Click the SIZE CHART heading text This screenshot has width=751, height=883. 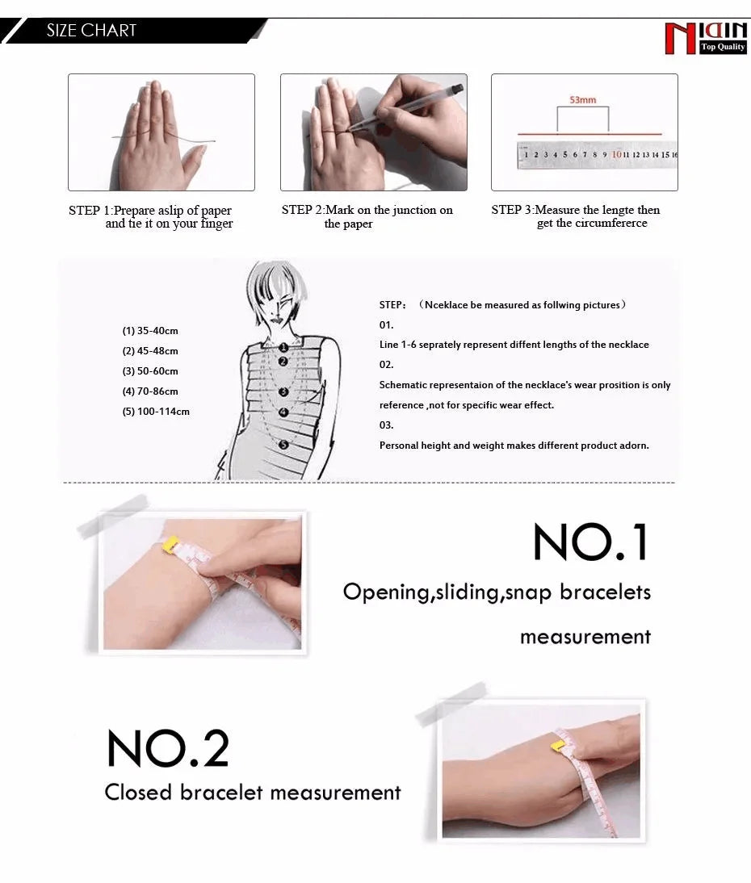coord(91,31)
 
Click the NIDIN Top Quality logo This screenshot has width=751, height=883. coord(705,38)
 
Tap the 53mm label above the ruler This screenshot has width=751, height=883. coord(582,100)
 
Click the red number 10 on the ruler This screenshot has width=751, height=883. coord(616,154)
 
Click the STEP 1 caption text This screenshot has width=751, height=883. coord(151,216)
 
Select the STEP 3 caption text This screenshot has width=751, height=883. coord(576,216)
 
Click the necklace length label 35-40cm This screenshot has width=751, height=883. coord(150,331)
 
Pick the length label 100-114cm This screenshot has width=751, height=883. coord(156,412)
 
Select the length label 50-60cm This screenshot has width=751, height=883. coord(150,371)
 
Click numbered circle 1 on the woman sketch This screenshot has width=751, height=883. coord(283,347)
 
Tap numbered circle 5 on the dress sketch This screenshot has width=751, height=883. coord(283,445)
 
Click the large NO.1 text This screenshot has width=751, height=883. coord(591,542)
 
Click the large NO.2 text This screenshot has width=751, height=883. coord(168,749)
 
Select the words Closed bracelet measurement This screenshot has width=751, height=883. coord(253,793)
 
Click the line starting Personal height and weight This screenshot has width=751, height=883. coord(514,446)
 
